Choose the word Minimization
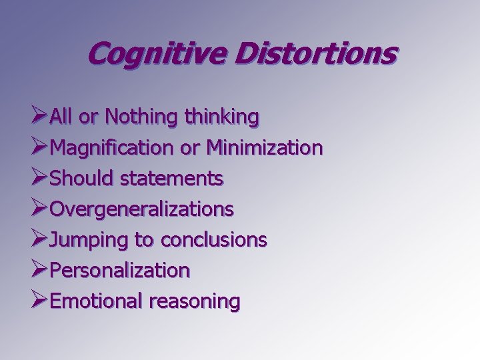pyautogui.click(x=264, y=148)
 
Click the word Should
pyautogui.click(x=78, y=179)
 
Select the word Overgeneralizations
pyautogui.click(x=141, y=209)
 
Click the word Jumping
pyautogui.click(x=83, y=240)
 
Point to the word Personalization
pyautogui.click(x=120, y=271)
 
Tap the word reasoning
pyautogui.click(x=194, y=302)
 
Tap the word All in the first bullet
pyautogui.click(x=61, y=118)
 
